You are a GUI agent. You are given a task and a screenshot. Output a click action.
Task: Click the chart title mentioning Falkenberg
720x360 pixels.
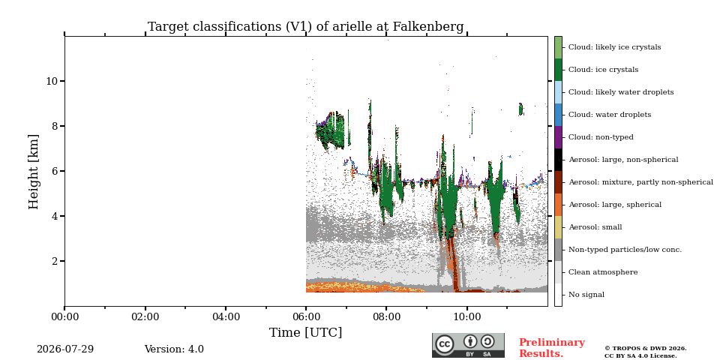306,27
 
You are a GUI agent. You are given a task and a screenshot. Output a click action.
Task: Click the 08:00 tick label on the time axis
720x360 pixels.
387,316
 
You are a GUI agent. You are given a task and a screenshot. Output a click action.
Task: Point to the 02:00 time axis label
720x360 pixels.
145,316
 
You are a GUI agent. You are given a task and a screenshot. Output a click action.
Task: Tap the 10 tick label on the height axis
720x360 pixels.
52,81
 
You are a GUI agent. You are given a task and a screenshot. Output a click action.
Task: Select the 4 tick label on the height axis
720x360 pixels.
55,216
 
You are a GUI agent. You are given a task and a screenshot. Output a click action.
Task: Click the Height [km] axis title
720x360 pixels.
34,171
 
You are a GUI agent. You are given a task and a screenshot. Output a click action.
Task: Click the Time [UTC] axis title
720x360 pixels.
306,332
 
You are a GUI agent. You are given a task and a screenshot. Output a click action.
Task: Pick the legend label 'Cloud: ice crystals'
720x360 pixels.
603,70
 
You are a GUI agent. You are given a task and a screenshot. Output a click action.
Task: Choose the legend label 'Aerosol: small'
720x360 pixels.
595,227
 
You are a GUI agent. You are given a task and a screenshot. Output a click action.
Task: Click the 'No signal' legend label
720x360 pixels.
586,295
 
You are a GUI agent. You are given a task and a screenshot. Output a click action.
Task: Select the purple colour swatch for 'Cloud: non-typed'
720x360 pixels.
558,137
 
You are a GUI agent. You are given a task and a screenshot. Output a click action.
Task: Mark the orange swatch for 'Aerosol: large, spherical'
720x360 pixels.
558,205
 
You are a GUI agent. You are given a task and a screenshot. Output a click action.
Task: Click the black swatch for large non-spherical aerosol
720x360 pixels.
558,160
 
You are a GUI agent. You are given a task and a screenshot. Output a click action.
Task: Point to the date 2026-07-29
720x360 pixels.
65,349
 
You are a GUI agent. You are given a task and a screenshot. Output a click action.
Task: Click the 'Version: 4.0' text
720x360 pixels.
174,349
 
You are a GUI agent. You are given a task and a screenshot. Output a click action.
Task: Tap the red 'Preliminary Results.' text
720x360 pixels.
552,348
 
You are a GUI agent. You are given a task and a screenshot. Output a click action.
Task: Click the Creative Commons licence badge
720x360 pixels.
468,345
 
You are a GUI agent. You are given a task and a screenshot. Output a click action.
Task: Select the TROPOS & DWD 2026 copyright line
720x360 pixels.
646,349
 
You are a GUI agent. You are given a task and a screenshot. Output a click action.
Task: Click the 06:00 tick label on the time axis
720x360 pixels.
306,316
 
